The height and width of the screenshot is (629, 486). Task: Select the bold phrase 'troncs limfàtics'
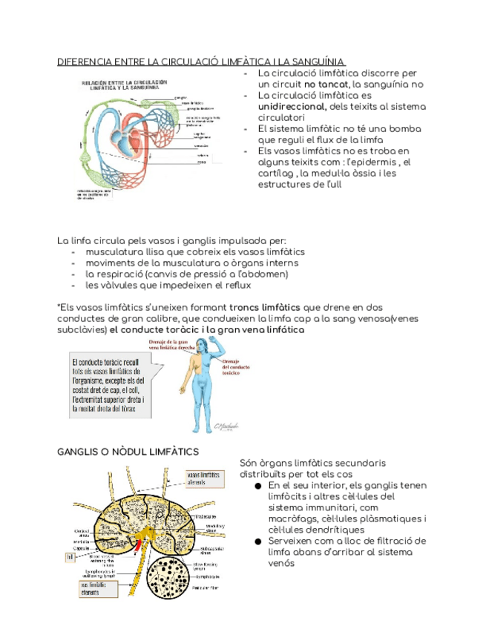(265, 308)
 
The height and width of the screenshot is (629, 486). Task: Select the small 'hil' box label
(70, 556)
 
